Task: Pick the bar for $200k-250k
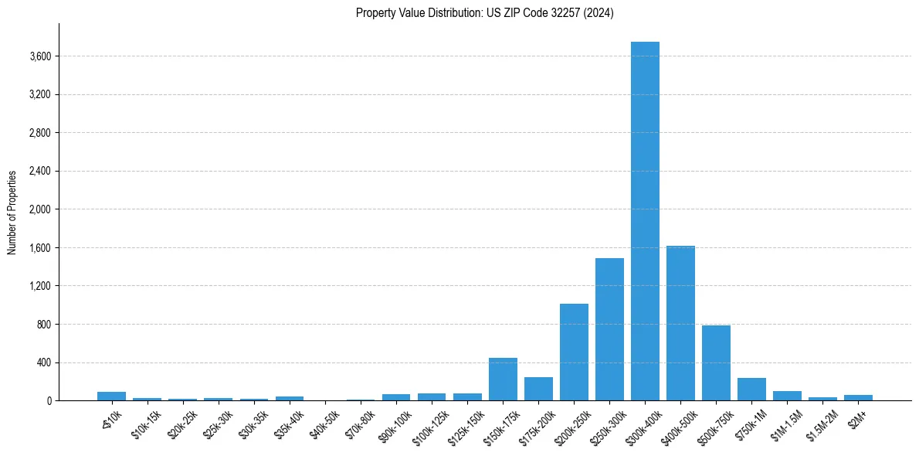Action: pyautogui.click(x=574, y=352)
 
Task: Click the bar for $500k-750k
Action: pyautogui.click(x=716, y=363)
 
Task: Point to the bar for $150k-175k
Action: pyautogui.click(x=503, y=379)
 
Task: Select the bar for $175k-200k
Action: pyautogui.click(x=538, y=389)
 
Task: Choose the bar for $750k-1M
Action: pyautogui.click(x=751, y=390)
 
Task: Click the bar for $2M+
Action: pyautogui.click(x=858, y=397)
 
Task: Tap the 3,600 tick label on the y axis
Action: pyautogui.click(x=40, y=56)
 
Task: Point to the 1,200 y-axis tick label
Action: pyautogui.click(x=40, y=286)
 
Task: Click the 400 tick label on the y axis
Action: pyautogui.click(x=45, y=362)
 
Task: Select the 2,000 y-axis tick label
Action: pyautogui.click(x=40, y=209)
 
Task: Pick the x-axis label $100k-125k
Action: pyautogui.click(x=429, y=424)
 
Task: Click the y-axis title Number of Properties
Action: pyautogui.click(x=12, y=213)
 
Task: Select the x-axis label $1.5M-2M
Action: pyautogui.click(x=820, y=424)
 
